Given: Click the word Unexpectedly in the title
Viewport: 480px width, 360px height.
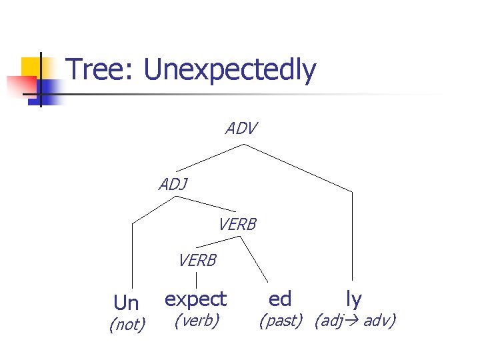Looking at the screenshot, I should tap(230, 71).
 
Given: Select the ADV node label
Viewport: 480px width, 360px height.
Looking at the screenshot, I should tap(241, 129).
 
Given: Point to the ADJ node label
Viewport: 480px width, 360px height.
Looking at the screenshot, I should tap(173, 185).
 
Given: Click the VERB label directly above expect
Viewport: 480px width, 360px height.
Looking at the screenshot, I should tap(197, 261).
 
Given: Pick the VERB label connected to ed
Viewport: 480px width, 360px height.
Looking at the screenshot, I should tap(237, 225).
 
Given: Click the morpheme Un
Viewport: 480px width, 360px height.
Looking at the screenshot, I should tap(126, 303).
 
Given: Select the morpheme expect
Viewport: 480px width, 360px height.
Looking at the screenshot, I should tap(195, 298).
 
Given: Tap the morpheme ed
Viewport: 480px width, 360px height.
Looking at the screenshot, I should tap(280, 298).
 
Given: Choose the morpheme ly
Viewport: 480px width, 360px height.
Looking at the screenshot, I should tap(353, 298).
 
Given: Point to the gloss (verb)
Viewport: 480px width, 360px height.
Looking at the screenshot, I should tap(196, 321).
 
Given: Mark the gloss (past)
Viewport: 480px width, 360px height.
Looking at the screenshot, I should tap(281, 321).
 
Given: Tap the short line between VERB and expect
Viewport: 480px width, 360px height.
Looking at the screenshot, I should tap(196, 279).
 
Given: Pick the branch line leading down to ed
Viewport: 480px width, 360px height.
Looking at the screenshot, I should tap(253, 257).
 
